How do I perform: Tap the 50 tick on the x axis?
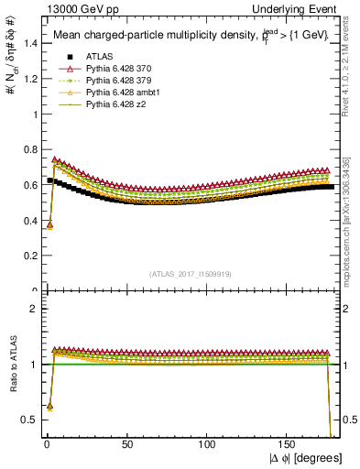click(127, 444)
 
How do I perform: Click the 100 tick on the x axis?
click(208, 444)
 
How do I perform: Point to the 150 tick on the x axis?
click(289, 444)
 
